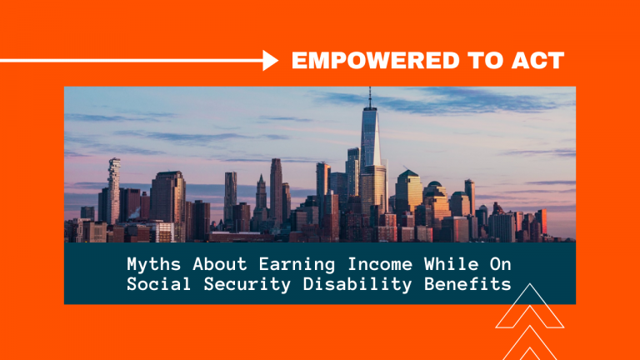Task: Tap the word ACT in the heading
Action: coord(538,60)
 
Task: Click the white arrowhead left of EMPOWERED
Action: coord(270,60)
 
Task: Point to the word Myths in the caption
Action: coord(154,264)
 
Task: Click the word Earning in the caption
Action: coord(297,264)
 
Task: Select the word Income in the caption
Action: coord(380,264)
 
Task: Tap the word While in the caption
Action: coord(451,264)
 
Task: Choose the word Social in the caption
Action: coord(159,283)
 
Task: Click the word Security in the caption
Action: coord(247,284)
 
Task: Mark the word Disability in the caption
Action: coord(357,284)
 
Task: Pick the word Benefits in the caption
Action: coord(467,283)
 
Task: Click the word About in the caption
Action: coord(220,264)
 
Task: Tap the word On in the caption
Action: coord(501,264)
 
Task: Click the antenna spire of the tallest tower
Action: coord(370,97)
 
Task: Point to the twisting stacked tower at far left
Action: coord(114,190)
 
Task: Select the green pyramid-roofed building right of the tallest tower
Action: coord(409,192)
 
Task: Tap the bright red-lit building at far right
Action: coord(542,222)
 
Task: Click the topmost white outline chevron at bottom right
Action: coord(530,306)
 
